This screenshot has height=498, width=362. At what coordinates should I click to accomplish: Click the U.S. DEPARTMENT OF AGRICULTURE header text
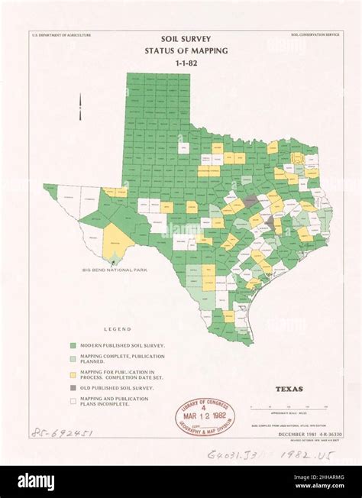pyautogui.click(x=61, y=35)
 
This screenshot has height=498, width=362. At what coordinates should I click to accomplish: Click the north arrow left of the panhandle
pyautogui.click(x=80, y=106)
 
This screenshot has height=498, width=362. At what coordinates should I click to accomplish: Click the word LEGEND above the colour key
pyautogui.click(x=118, y=329)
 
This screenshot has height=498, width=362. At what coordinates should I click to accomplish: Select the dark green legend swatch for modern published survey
pyautogui.click(x=73, y=346)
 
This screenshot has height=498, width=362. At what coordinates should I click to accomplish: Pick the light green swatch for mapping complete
pyautogui.click(x=73, y=358)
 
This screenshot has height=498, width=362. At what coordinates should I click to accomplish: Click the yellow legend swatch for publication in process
pyautogui.click(x=73, y=374)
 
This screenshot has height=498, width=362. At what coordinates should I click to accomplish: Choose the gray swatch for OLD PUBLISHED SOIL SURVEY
pyautogui.click(x=73, y=388)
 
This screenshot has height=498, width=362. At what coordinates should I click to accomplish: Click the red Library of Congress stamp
pyautogui.click(x=205, y=416)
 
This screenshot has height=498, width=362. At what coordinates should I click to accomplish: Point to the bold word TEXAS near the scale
pyautogui.click(x=289, y=389)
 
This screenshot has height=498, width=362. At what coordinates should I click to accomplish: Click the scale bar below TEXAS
pyautogui.click(x=288, y=407)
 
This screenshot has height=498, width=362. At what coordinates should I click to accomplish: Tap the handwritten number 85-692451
pyautogui.click(x=62, y=433)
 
